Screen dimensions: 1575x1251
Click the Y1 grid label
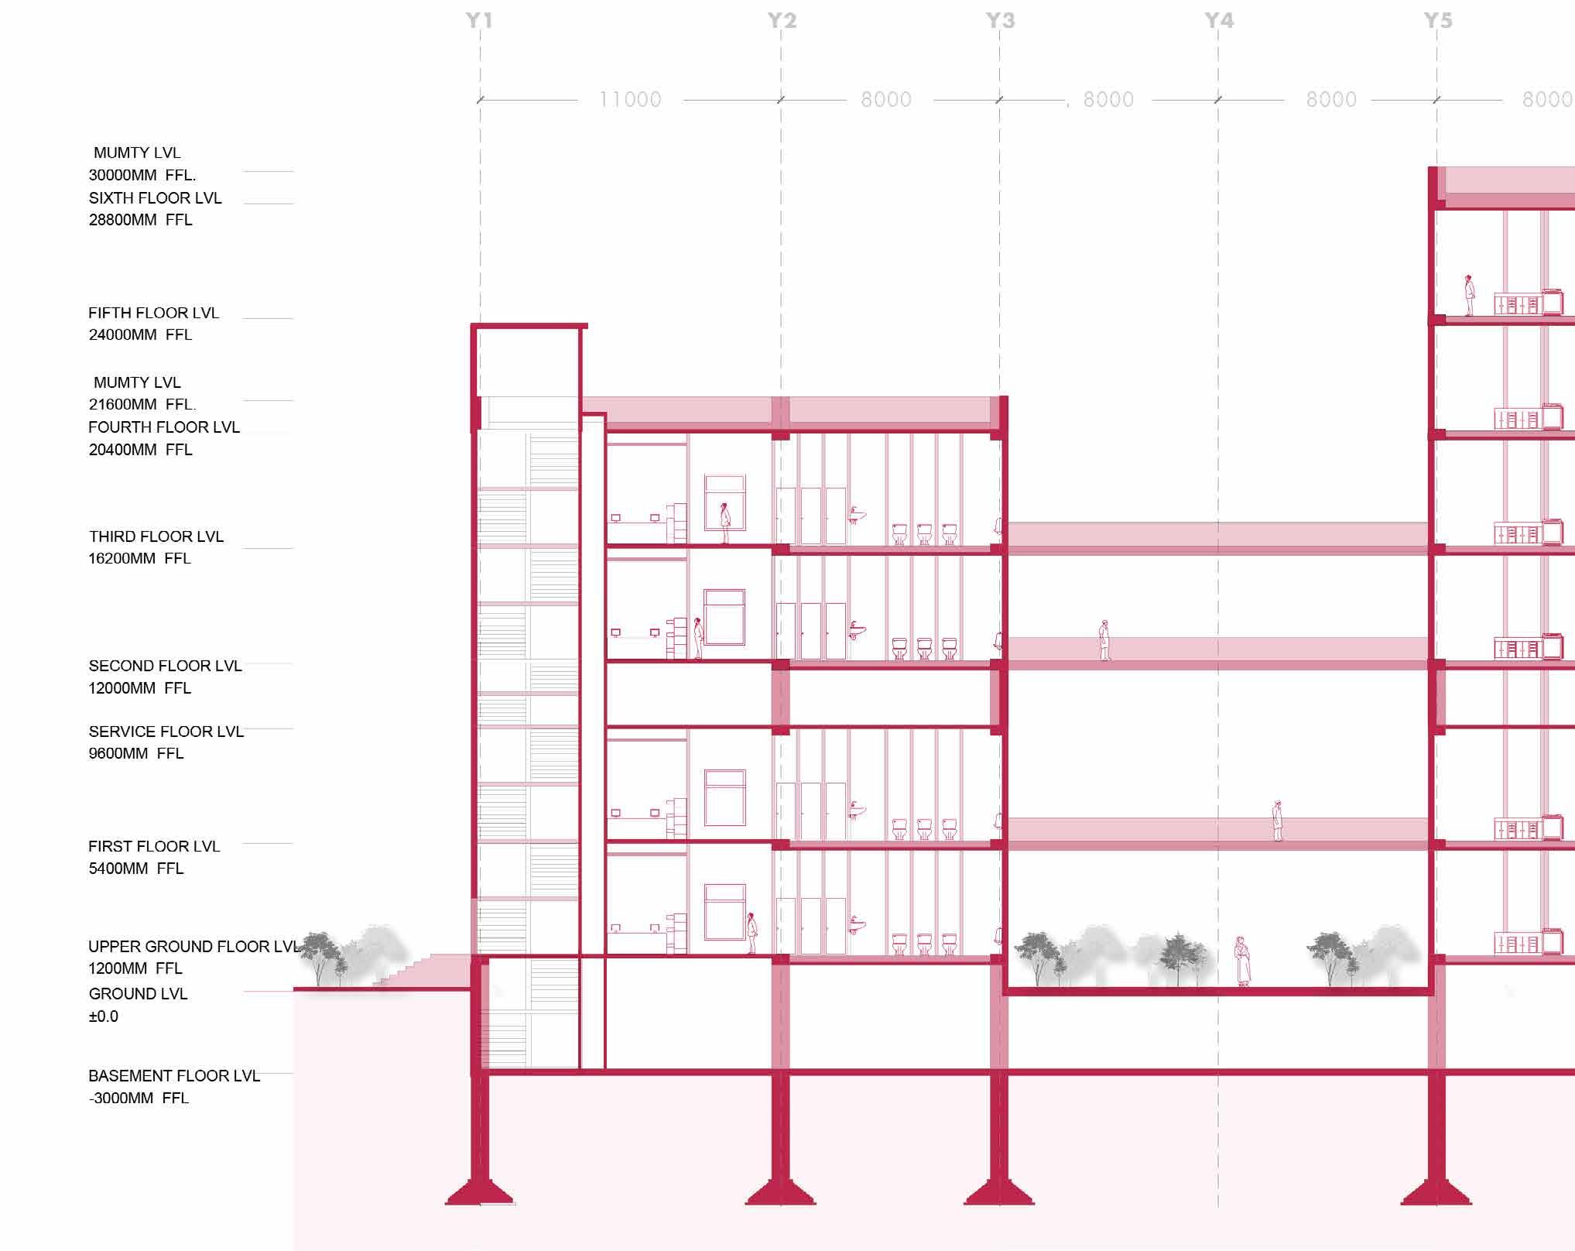click(x=479, y=21)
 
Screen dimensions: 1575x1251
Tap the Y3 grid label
click(x=1000, y=21)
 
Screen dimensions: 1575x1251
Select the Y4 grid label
click(x=1219, y=21)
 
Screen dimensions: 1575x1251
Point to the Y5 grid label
click(x=1438, y=21)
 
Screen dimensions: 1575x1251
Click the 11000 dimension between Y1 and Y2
click(x=630, y=100)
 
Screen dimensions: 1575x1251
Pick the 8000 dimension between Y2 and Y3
click(x=886, y=100)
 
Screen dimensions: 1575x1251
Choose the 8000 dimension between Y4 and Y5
click(x=1331, y=100)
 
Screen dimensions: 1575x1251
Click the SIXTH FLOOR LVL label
click(x=155, y=198)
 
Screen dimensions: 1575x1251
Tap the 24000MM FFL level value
click(x=140, y=335)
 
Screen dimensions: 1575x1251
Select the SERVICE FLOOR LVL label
click(x=166, y=732)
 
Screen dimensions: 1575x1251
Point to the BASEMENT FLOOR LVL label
click(x=173, y=1076)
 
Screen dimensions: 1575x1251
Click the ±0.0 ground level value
click(x=104, y=1016)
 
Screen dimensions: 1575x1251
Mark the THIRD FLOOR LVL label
click(x=156, y=536)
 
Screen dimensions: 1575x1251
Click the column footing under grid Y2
click(x=780, y=1193)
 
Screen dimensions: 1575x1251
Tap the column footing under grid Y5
click(x=1436, y=1193)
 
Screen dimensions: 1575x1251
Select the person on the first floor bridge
click(x=1277, y=820)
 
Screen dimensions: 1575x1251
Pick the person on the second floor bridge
click(x=1104, y=640)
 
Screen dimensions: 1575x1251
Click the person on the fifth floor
click(x=1467, y=295)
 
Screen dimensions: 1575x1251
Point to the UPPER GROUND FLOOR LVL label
click(x=193, y=947)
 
